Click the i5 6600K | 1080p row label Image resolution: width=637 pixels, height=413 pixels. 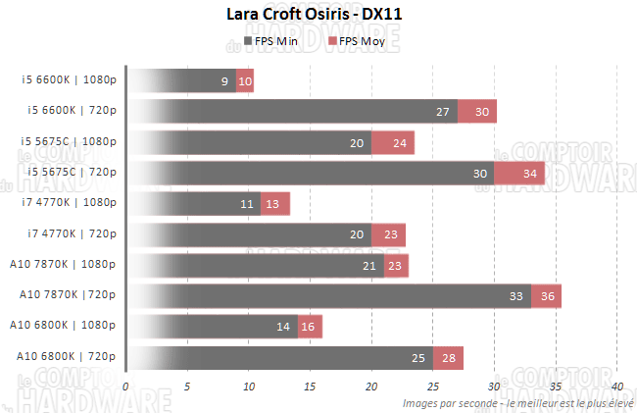point(70,80)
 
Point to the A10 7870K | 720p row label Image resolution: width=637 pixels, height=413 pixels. point(68,294)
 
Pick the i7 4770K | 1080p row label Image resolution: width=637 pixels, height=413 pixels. point(70,203)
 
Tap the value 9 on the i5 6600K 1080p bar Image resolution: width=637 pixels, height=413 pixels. point(225,81)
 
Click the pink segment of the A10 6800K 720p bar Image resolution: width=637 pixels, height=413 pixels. point(448,356)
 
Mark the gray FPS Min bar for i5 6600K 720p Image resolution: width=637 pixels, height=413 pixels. point(294,112)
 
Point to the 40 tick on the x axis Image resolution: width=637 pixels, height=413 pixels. point(616,387)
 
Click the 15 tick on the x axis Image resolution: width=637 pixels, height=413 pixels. point(310,387)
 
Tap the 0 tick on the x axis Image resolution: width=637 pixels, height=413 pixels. point(125,387)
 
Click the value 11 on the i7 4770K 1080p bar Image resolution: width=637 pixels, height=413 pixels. point(247,204)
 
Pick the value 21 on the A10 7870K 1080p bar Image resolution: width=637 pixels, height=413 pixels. point(369,265)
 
